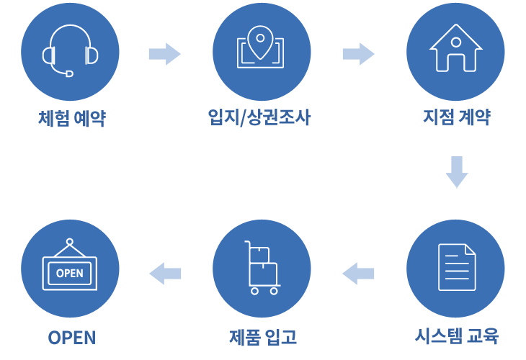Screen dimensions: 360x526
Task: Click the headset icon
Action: click(70, 50)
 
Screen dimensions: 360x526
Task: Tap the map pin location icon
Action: click(260, 48)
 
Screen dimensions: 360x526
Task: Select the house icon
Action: click(455, 48)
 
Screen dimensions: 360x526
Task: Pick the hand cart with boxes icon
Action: click(262, 268)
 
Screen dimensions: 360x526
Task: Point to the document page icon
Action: click(457, 267)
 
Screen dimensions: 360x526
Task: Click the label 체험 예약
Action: click(72, 119)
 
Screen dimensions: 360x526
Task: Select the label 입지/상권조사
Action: click(259, 117)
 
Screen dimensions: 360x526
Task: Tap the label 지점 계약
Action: click(456, 117)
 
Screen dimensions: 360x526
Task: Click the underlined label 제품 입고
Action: click(262, 337)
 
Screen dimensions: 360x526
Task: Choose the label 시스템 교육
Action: click(456, 336)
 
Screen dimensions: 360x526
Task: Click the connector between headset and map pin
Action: click(164, 54)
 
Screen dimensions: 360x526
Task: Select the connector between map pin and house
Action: click(358, 54)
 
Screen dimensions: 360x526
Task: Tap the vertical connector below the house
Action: click(458, 172)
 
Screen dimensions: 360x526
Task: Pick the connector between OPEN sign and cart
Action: click(165, 274)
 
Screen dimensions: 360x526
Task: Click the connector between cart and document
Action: click(358, 274)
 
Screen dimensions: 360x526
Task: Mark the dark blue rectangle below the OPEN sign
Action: click(71, 338)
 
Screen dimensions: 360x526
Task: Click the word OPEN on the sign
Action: click(69, 273)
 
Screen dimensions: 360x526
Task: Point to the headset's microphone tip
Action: click(68, 73)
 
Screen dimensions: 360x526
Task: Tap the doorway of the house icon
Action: click(455, 64)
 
